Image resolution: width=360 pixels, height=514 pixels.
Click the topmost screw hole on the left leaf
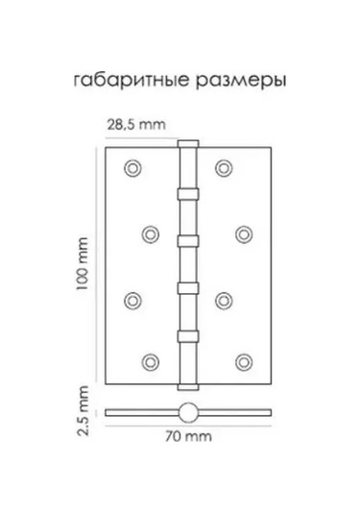[132, 167]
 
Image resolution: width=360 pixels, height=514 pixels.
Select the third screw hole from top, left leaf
[132, 297]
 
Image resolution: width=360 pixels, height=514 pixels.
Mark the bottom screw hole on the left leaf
[151, 361]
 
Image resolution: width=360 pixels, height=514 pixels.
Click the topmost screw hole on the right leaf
[225, 167]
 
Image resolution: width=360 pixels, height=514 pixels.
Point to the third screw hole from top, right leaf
[225, 297]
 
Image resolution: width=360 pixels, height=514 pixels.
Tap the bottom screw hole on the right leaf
[243, 361]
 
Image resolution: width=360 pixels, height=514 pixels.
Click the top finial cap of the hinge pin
[187, 143]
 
